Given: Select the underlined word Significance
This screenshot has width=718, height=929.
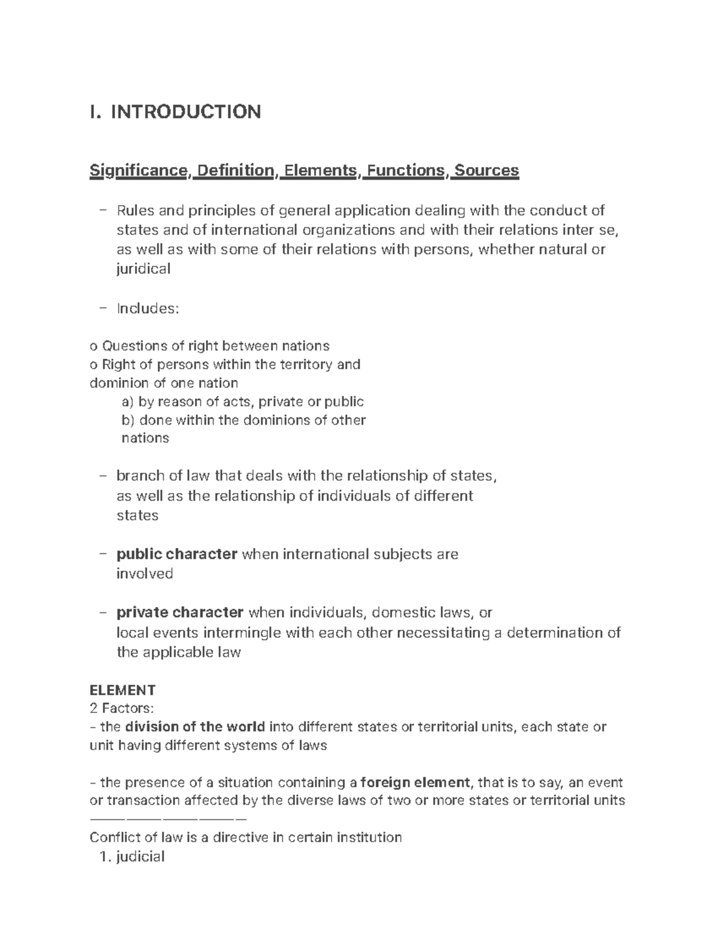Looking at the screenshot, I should tap(139, 171).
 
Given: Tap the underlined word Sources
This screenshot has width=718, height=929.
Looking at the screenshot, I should tap(486, 171).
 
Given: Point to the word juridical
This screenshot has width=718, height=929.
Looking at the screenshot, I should tap(143, 269).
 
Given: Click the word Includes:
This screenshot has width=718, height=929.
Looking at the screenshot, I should tap(147, 309).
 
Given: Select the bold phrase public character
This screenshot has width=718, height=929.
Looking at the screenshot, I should tap(177, 555).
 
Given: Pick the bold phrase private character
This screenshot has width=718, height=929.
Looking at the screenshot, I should tap(180, 613).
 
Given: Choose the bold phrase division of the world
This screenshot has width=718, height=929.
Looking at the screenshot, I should tap(195, 727).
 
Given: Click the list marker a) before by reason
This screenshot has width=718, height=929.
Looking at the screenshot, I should tap(128, 401).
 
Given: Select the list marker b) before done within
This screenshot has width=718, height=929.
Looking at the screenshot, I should tap(128, 420).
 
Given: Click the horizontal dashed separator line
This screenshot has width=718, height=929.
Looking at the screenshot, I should tap(168, 818).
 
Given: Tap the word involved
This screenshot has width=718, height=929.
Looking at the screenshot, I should tap(144, 574).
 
